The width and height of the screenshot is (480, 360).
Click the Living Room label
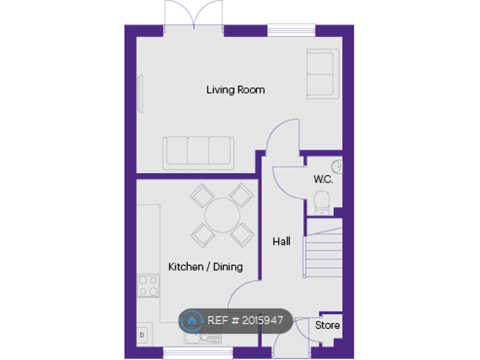tap(235, 90)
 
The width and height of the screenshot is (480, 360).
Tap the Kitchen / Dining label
tap(205, 266)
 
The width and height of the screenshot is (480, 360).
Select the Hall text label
tap(281, 241)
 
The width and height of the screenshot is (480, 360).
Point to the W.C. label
tap(323, 179)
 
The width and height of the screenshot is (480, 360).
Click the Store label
tap(327, 325)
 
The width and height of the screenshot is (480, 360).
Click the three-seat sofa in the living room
tap(198, 153)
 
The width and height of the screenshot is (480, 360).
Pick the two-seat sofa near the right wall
tap(322, 74)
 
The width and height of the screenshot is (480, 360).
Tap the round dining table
tap(222, 215)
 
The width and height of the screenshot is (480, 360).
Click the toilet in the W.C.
tap(322, 202)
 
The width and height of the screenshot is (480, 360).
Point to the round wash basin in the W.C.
tap(337, 167)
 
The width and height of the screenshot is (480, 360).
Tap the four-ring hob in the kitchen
tap(148, 286)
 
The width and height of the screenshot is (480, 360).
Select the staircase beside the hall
tap(322, 248)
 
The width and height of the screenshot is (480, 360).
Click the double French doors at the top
tap(193, 15)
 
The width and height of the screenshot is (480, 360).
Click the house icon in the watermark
tap(191, 320)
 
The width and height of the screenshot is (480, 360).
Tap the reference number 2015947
tap(262, 320)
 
